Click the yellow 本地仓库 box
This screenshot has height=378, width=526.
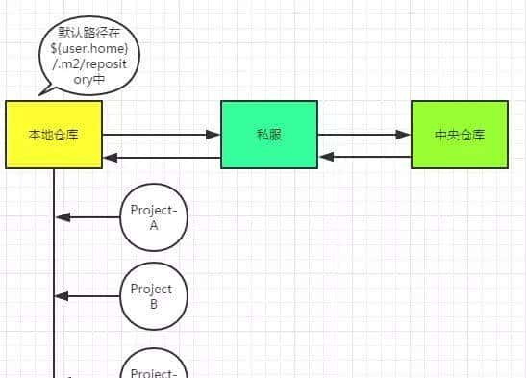(53, 135)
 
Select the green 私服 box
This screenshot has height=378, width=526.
(269, 135)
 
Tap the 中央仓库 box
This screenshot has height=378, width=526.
(459, 135)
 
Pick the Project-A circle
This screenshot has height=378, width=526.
(154, 217)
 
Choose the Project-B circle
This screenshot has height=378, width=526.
(154, 296)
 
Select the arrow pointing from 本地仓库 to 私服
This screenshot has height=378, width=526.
(161, 135)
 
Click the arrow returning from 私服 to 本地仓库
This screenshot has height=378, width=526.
(161, 155)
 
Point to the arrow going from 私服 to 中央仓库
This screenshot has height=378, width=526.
(363, 135)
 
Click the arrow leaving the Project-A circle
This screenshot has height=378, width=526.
(88, 217)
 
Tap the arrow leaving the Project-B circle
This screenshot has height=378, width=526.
(88, 296)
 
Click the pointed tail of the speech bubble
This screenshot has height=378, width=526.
(44, 90)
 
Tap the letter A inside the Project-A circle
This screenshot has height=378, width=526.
(154, 226)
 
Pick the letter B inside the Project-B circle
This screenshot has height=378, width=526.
(154, 305)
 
